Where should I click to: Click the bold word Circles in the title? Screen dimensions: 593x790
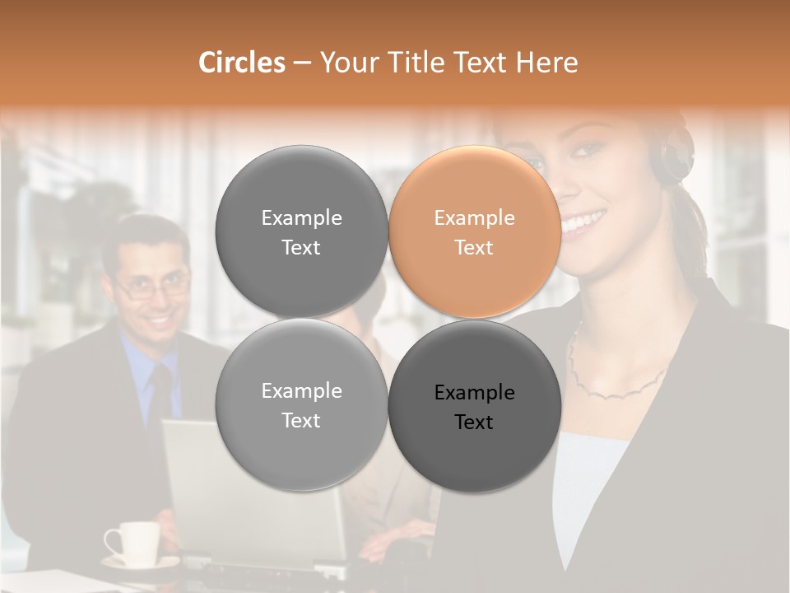tap(241, 63)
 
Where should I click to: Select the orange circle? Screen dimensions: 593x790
tap(475, 232)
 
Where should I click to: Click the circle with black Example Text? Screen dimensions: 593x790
tap(475, 406)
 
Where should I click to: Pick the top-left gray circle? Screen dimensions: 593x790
tap(301, 232)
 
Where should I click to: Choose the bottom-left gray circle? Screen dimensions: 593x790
tap(301, 406)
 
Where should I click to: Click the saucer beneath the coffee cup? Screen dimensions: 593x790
tap(140, 564)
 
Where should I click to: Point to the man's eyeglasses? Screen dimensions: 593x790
tap(153, 287)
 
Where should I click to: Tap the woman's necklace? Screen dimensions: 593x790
tap(617, 384)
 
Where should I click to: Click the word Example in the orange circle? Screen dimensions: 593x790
tap(474, 217)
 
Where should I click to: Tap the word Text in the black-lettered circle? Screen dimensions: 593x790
tap(474, 422)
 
